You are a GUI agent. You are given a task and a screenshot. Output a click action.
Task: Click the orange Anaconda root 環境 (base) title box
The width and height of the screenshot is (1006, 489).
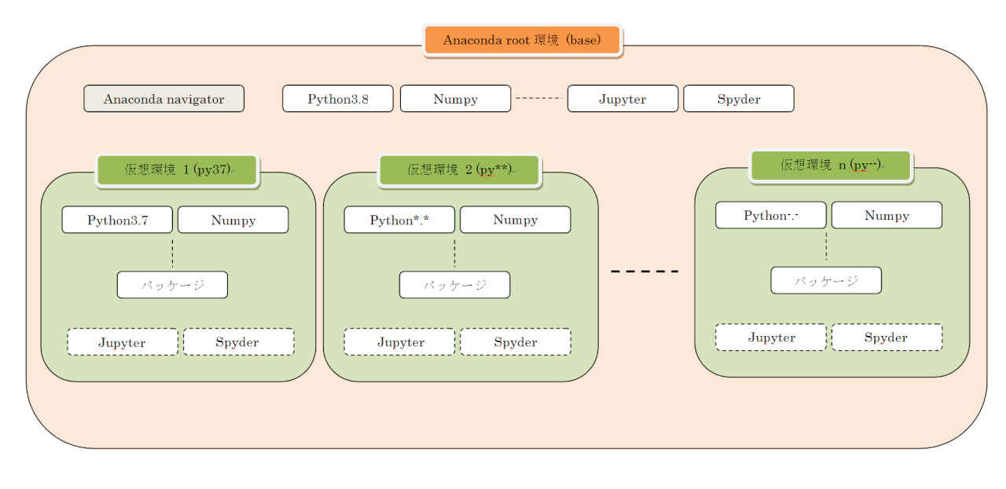pyautogui.click(x=523, y=41)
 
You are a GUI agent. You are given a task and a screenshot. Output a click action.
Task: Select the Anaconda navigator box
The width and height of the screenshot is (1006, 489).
pyautogui.click(x=164, y=99)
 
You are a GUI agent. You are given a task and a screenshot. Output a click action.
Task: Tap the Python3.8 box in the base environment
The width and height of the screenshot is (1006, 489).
pyautogui.click(x=338, y=99)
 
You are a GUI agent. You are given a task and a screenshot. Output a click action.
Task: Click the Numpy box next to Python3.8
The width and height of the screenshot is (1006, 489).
pyautogui.click(x=455, y=99)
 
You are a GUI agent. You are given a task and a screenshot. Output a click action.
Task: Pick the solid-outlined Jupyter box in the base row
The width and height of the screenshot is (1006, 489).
pyautogui.click(x=622, y=99)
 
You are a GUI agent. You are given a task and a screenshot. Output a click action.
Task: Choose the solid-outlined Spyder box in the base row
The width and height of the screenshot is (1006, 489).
pyautogui.click(x=739, y=99)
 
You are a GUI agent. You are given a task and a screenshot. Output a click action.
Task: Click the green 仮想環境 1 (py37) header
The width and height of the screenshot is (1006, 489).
pyautogui.click(x=178, y=170)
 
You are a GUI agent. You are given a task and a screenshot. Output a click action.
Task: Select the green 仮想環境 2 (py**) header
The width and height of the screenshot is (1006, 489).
pyautogui.click(x=460, y=170)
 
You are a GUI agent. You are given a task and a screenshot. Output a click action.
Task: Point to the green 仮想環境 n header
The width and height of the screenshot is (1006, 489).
pyautogui.click(x=831, y=166)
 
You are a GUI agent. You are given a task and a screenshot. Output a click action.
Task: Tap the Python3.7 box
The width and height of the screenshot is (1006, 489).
pyautogui.click(x=117, y=220)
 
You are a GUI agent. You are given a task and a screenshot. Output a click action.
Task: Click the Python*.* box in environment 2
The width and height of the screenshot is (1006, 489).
pyautogui.click(x=399, y=220)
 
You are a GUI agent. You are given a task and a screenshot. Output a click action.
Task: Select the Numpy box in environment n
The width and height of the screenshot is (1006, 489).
pyautogui.click(x=887, y=215)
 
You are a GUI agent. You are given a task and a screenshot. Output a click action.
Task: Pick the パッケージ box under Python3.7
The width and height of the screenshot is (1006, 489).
pyautogui.click(x=172, y=285)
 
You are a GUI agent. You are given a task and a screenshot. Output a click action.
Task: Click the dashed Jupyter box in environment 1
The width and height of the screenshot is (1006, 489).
pyautogui.click(x=123, y=342)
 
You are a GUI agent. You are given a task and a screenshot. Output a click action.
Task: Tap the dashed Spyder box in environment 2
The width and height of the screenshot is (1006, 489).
pyautogui.click(x=516, y=342)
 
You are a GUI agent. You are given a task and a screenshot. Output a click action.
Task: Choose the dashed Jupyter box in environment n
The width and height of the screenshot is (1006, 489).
pyautogui.click(x=771, y=338)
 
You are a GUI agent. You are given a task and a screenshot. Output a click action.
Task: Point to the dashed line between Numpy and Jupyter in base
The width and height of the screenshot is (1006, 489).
pyautogui.click(x=538, y=99)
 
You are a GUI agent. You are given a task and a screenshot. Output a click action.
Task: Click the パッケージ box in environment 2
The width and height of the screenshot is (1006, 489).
pyautogui.click(x=454, y=285)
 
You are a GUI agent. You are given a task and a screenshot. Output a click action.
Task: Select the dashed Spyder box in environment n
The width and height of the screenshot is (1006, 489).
pyautogui.click(x=887, y=338)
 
